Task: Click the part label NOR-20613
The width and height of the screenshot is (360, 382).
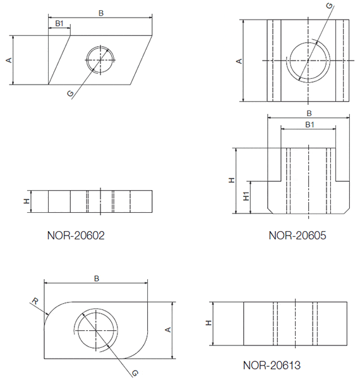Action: click(271, 366)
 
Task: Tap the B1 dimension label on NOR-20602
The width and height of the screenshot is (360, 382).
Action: click(59, 23)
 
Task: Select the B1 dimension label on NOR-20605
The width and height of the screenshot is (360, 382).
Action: click(309, 125)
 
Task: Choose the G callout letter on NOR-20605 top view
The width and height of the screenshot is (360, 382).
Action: click(328, 6)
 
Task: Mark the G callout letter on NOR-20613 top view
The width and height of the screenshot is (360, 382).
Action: click(134, 373)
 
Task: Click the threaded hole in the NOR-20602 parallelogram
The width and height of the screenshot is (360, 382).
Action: click(99, 60)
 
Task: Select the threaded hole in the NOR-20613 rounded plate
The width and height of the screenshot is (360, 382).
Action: click(95, 330)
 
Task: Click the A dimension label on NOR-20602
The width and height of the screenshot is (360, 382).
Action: click(9, 60)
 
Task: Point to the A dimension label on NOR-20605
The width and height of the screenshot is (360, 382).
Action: click(239, 61)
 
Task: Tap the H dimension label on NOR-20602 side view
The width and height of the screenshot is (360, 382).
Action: click(27, 201)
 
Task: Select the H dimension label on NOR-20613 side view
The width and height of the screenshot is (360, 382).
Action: click(208, 323)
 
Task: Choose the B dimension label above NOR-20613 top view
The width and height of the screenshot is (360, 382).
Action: click(96, 278)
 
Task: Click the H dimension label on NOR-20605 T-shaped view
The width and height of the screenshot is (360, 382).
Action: click(232, 180)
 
